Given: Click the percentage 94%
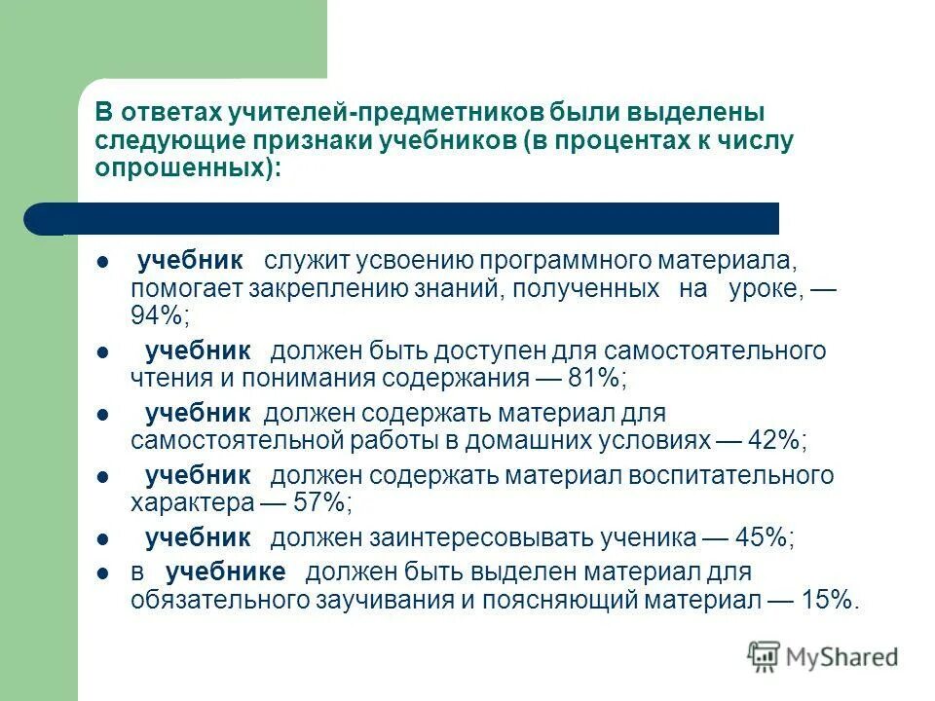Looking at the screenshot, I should [159, 316].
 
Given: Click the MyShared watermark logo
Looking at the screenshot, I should [823, 656].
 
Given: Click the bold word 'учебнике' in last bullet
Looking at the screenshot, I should [225, 572].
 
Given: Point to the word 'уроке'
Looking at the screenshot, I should [764, 289].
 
